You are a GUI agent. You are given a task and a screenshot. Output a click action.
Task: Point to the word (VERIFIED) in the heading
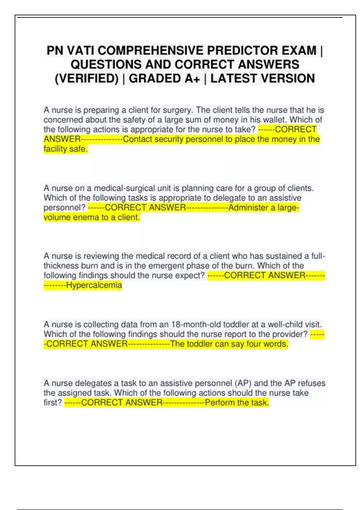(x=87, y=79)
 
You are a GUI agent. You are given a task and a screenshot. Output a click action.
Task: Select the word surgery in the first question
(x=178, y=110)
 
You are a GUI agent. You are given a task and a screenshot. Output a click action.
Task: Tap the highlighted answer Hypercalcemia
(x=94, y=285)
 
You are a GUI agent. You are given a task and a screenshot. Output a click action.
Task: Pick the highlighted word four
(x=254, y=344)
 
